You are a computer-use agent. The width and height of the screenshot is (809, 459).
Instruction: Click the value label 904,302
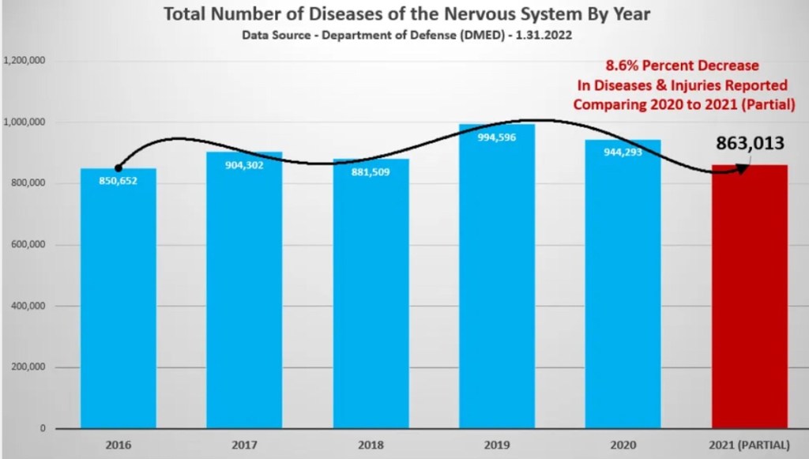pos(244,165)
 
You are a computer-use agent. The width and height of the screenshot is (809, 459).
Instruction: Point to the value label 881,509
pos(371,172)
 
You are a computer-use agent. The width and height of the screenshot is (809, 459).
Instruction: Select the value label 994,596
pos(496,137)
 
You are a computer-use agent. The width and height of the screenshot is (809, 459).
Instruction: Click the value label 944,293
pos(623,152)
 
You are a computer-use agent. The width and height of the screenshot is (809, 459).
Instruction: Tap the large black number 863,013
pos(750,143)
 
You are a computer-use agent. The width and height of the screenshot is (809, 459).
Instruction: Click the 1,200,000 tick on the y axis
pos(24,61)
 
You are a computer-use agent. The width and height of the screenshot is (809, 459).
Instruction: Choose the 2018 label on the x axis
pos(371,445)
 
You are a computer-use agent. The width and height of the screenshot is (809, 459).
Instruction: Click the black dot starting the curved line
pos(119,167)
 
